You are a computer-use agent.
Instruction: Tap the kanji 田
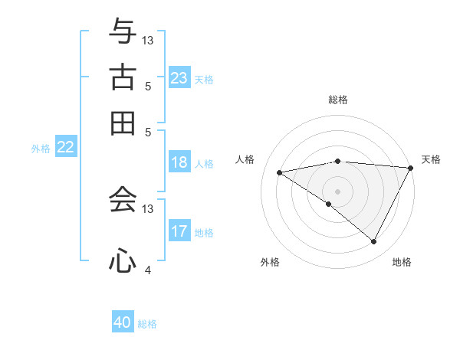(123, 123)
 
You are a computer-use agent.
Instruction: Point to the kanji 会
(123, 200)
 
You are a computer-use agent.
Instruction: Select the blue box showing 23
(179, 78)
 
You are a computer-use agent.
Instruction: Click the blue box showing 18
(179, 162)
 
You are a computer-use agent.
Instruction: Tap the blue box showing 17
(179, 231)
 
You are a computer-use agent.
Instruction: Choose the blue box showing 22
(65, 148)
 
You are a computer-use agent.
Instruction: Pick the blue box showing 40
(123, 323)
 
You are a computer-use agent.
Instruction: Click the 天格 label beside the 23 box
(204, 79)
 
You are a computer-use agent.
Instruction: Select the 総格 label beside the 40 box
(147, 324)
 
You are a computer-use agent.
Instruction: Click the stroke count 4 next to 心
(147, 270)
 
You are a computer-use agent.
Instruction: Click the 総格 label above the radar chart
(337, 100)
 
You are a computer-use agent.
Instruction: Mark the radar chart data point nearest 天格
(410, 167)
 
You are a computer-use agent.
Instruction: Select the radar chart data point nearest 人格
(279, 172)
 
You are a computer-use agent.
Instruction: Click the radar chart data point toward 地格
(374, 242)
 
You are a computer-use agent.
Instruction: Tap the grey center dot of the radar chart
(337, 191)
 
